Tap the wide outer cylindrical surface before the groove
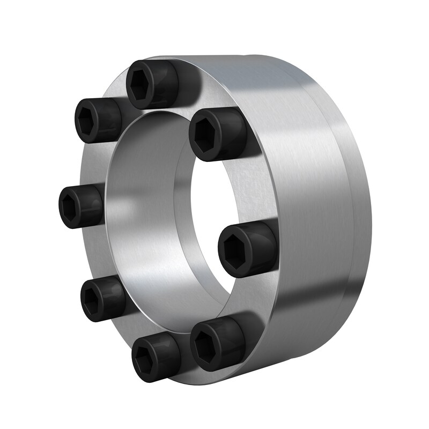click(x=300, y=177)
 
